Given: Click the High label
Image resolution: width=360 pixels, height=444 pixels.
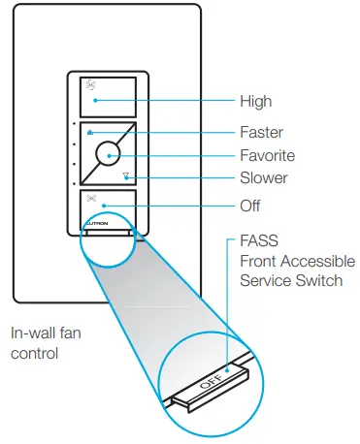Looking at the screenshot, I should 255,101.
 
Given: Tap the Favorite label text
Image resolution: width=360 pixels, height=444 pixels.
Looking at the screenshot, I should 266,155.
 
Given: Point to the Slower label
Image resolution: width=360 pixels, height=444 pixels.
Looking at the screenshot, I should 263,178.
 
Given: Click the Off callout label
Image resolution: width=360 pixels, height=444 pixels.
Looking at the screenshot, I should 249,206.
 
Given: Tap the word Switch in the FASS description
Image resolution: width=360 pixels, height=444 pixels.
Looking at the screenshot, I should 319,281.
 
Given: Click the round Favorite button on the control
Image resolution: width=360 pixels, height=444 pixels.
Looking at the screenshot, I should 109,155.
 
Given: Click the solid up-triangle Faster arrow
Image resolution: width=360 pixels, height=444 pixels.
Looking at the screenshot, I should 88,132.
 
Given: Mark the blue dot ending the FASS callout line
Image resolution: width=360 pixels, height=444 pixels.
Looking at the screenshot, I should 226,369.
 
